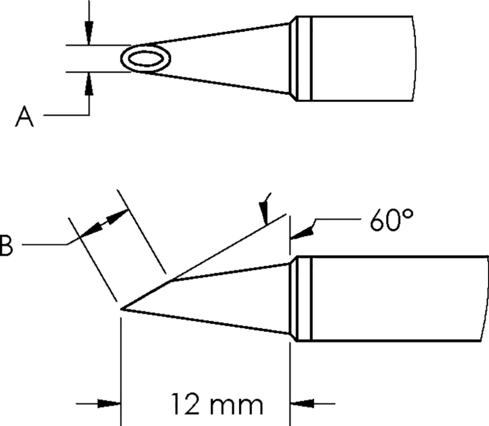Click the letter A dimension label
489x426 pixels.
(24, 117)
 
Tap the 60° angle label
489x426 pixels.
(391, 220)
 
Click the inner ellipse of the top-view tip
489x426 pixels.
(145, 59)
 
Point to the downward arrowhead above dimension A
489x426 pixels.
(89, 31)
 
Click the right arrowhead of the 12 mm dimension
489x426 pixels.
(302, 404)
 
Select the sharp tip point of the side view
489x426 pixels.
(122, 309)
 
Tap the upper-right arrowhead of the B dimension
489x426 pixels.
(117, 217)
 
